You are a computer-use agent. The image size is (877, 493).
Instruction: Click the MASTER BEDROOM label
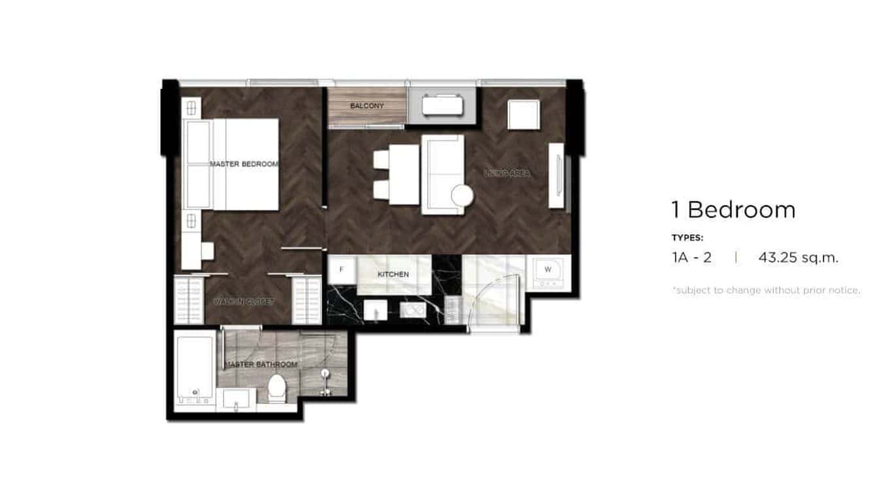point(244,164)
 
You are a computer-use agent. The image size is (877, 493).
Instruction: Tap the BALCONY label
point(367,106)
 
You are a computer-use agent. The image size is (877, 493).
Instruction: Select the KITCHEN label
point(393,275)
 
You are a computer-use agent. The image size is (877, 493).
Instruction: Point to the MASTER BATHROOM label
point(261,364)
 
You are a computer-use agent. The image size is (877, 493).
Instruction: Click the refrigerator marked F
point(341,269)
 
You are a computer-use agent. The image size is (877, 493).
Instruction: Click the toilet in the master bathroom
point(277,387)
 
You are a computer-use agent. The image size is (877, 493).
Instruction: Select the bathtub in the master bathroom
point(195,367)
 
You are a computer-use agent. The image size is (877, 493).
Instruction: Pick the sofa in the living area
point(442,174)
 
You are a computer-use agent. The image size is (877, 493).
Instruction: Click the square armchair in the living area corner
point(523,115)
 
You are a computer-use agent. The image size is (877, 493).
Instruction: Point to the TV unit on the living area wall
point(557,175)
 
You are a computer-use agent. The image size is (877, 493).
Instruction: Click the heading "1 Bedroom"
point(733,210)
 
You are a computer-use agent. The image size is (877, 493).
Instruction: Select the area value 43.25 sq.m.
point(798,258)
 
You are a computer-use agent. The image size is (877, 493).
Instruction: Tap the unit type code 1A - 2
point(691,258)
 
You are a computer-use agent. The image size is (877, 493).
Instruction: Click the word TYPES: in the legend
point(687,238)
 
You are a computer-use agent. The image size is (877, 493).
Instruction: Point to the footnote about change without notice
point(766,290)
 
